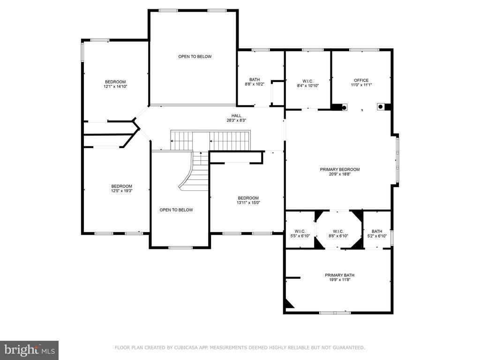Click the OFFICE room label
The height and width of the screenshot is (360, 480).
(361, 81)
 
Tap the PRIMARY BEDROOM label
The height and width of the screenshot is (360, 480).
(340, 170)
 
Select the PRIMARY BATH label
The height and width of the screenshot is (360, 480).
(339, 275)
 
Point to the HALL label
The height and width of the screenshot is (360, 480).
(236, 116)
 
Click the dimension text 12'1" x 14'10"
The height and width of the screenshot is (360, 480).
(115, 87)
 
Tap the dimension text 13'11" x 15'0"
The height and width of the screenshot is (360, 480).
(248, 202)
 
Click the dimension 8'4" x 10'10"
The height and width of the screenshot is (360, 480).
(307, 86)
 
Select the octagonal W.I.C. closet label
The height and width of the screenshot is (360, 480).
(338, 232)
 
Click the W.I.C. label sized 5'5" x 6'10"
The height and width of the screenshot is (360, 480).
(300, 232)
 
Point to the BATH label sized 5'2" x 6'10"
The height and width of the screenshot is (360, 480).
(377, 232)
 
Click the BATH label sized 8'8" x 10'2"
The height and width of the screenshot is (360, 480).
(255, 80)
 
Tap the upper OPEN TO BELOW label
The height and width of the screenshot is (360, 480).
(195, 57)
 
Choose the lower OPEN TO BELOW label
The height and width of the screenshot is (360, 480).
(176, 210)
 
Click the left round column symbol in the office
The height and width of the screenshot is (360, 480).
(344, 107)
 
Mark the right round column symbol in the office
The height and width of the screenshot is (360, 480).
(381, 106)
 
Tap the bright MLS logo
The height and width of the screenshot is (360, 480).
(30, 350)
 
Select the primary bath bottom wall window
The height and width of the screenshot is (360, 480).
(335, 313)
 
